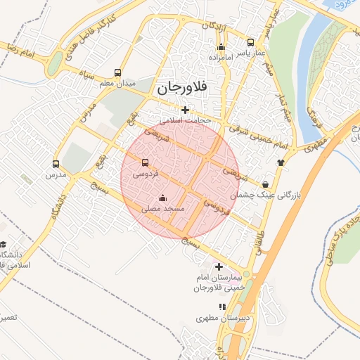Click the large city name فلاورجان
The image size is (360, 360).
[181, 89]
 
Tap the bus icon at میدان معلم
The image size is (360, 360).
[117, 73]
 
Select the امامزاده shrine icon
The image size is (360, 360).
[220, 47]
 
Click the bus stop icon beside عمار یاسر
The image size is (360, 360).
[251, 42]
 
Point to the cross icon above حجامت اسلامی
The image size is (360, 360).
[185, 110]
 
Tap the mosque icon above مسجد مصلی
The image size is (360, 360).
[163, 198]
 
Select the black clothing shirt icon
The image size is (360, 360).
[282, 161]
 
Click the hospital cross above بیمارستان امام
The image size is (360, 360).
[219, 266]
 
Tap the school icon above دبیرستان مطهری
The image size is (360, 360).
[223, 307]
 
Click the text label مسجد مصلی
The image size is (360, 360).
[162, 210]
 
